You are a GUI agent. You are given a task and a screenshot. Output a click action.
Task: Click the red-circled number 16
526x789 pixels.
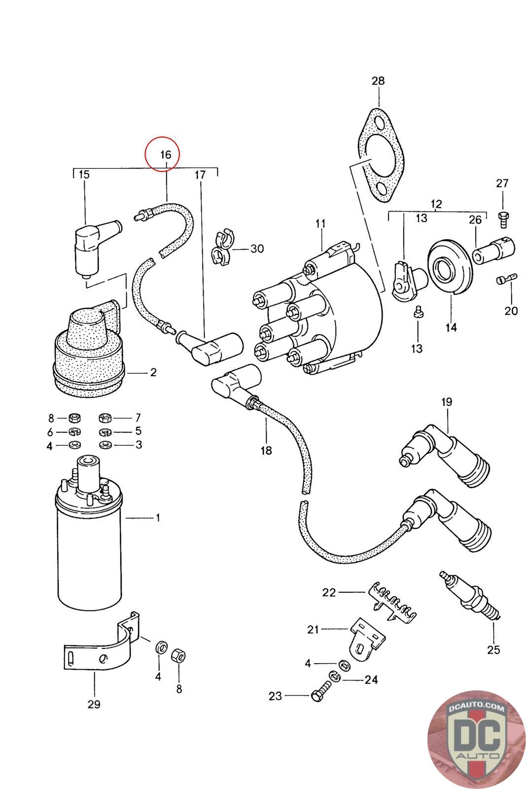166,155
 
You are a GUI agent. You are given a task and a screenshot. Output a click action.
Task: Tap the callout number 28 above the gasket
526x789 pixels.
378,81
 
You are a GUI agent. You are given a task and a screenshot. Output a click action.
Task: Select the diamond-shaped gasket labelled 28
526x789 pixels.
381,155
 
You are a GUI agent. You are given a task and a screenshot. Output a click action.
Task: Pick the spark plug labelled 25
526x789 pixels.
470,596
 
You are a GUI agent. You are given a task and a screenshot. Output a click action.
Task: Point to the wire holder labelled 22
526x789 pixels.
392,601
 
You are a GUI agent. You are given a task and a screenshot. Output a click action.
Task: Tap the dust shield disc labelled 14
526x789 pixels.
450,267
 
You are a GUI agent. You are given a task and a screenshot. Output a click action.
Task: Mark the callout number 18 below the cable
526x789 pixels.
266,450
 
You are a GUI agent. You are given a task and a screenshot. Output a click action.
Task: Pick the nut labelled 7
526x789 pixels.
105,418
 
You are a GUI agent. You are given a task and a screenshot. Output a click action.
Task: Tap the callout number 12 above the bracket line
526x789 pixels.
436,204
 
